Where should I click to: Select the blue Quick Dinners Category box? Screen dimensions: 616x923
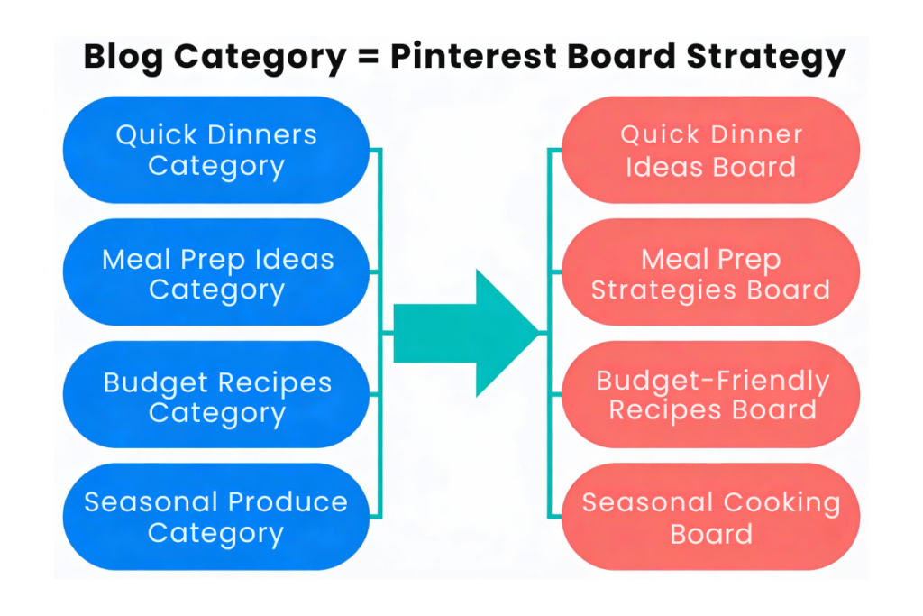[x=216, y=150]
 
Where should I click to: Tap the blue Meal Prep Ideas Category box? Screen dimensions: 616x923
[x=216, y=273]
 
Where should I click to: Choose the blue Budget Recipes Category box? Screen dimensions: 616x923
[x=216, y=397]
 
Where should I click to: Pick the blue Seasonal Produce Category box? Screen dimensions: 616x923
[x=216, y=517]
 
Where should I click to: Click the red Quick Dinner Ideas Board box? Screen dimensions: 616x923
[x=710, y=150]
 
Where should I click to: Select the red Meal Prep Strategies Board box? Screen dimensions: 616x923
[x=710, y=273]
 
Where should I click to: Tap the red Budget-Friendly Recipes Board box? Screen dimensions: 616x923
[x=710, y=395]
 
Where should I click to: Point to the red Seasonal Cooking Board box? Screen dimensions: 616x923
[x=710, y=517]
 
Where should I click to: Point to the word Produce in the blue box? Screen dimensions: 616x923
[x=288, y=501]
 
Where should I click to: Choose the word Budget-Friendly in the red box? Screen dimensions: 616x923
[x=712, y=381]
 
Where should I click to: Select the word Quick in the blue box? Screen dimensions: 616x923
[x=157, y=135]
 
